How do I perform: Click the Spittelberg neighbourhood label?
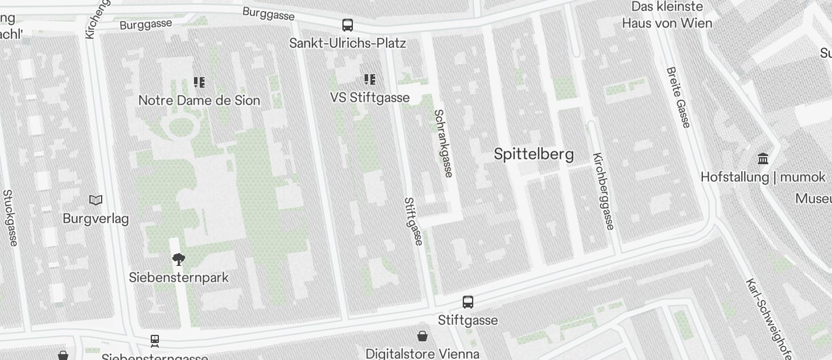(x=533, y=154)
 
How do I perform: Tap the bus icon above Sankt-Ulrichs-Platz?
(x=348, y=25)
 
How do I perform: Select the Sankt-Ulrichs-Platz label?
(x=348, y=43)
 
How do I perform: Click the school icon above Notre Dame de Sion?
(x=199, y=82)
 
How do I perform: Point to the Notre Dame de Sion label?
(x=199, y=100)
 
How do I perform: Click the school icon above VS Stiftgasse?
(x=370, y=79)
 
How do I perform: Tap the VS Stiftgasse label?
(x=370, y=98)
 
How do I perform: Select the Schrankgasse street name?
(x=443, y=143)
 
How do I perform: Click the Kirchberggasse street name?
(x=604, y=191)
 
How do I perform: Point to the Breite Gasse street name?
(x=678, y=97)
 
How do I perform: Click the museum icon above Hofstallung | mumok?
(x=763, y=158)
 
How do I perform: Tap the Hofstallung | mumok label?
(x=763, y=177)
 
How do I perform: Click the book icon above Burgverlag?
(x=96, y=200)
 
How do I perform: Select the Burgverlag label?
(x=96, y=219)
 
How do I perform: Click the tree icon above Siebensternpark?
(x=179, y=259)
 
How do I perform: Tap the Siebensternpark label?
(x=179, y=278)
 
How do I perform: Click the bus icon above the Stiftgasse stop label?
(x=468, y=302)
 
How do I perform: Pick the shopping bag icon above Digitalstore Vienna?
(x=422, y=336)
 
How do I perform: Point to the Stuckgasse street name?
(x=10, y=217)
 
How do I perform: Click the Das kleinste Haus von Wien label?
(x=667, y=15)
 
